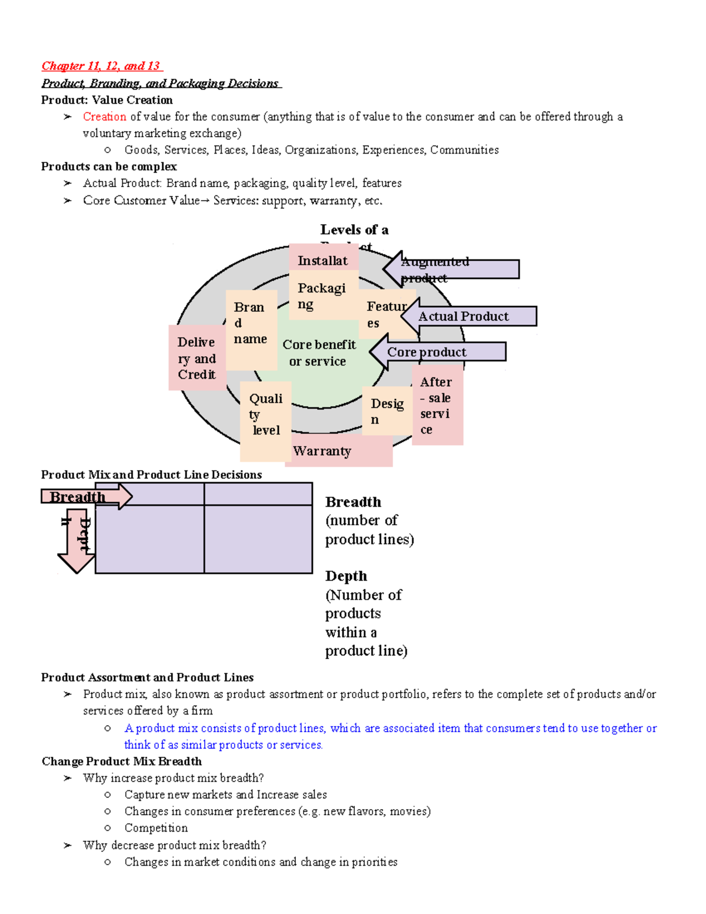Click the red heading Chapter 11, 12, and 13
tap(101, 66)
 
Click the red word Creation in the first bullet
tap(104, 117)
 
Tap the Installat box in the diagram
tap(323, 260)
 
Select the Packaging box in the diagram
tap(322, 296)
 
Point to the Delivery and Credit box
tap(197, 358)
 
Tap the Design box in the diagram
tap(387, 411)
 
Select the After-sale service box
tap(437, 406)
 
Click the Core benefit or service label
tap(319, 353)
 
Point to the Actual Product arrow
tap(469, 316)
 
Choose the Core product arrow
tap(438, 352)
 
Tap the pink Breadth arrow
tap(86, 497)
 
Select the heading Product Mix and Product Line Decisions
tap(151, 474)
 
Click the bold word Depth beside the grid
tap(346, 576)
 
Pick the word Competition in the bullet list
tap(156, 828)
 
